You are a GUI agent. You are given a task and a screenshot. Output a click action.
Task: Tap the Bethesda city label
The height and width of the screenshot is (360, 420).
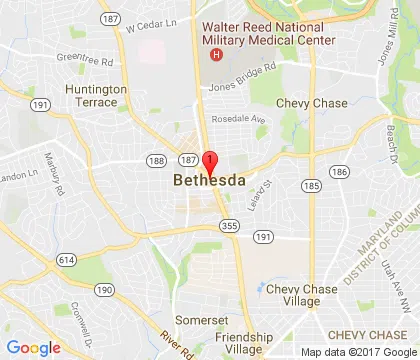211,181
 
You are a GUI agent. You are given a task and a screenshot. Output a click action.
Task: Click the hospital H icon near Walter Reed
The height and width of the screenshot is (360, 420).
212,53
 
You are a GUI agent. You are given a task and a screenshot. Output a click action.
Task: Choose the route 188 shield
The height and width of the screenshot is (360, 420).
155,160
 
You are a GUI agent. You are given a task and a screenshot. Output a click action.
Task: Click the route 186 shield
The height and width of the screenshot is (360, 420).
339,173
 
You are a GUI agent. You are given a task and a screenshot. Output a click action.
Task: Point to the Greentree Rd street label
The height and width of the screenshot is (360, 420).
86,59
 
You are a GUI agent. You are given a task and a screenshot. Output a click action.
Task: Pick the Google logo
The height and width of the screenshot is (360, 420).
34,347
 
